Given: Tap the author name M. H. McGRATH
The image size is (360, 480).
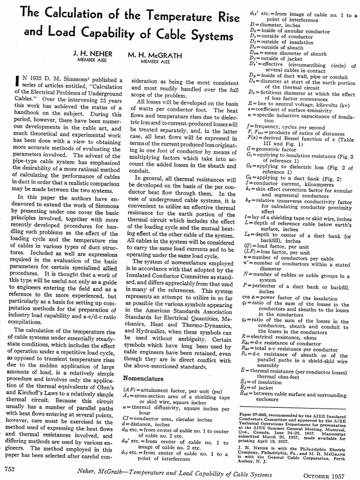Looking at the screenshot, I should tap(155, 55).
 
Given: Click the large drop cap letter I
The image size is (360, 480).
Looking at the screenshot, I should tap(14, 85).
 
